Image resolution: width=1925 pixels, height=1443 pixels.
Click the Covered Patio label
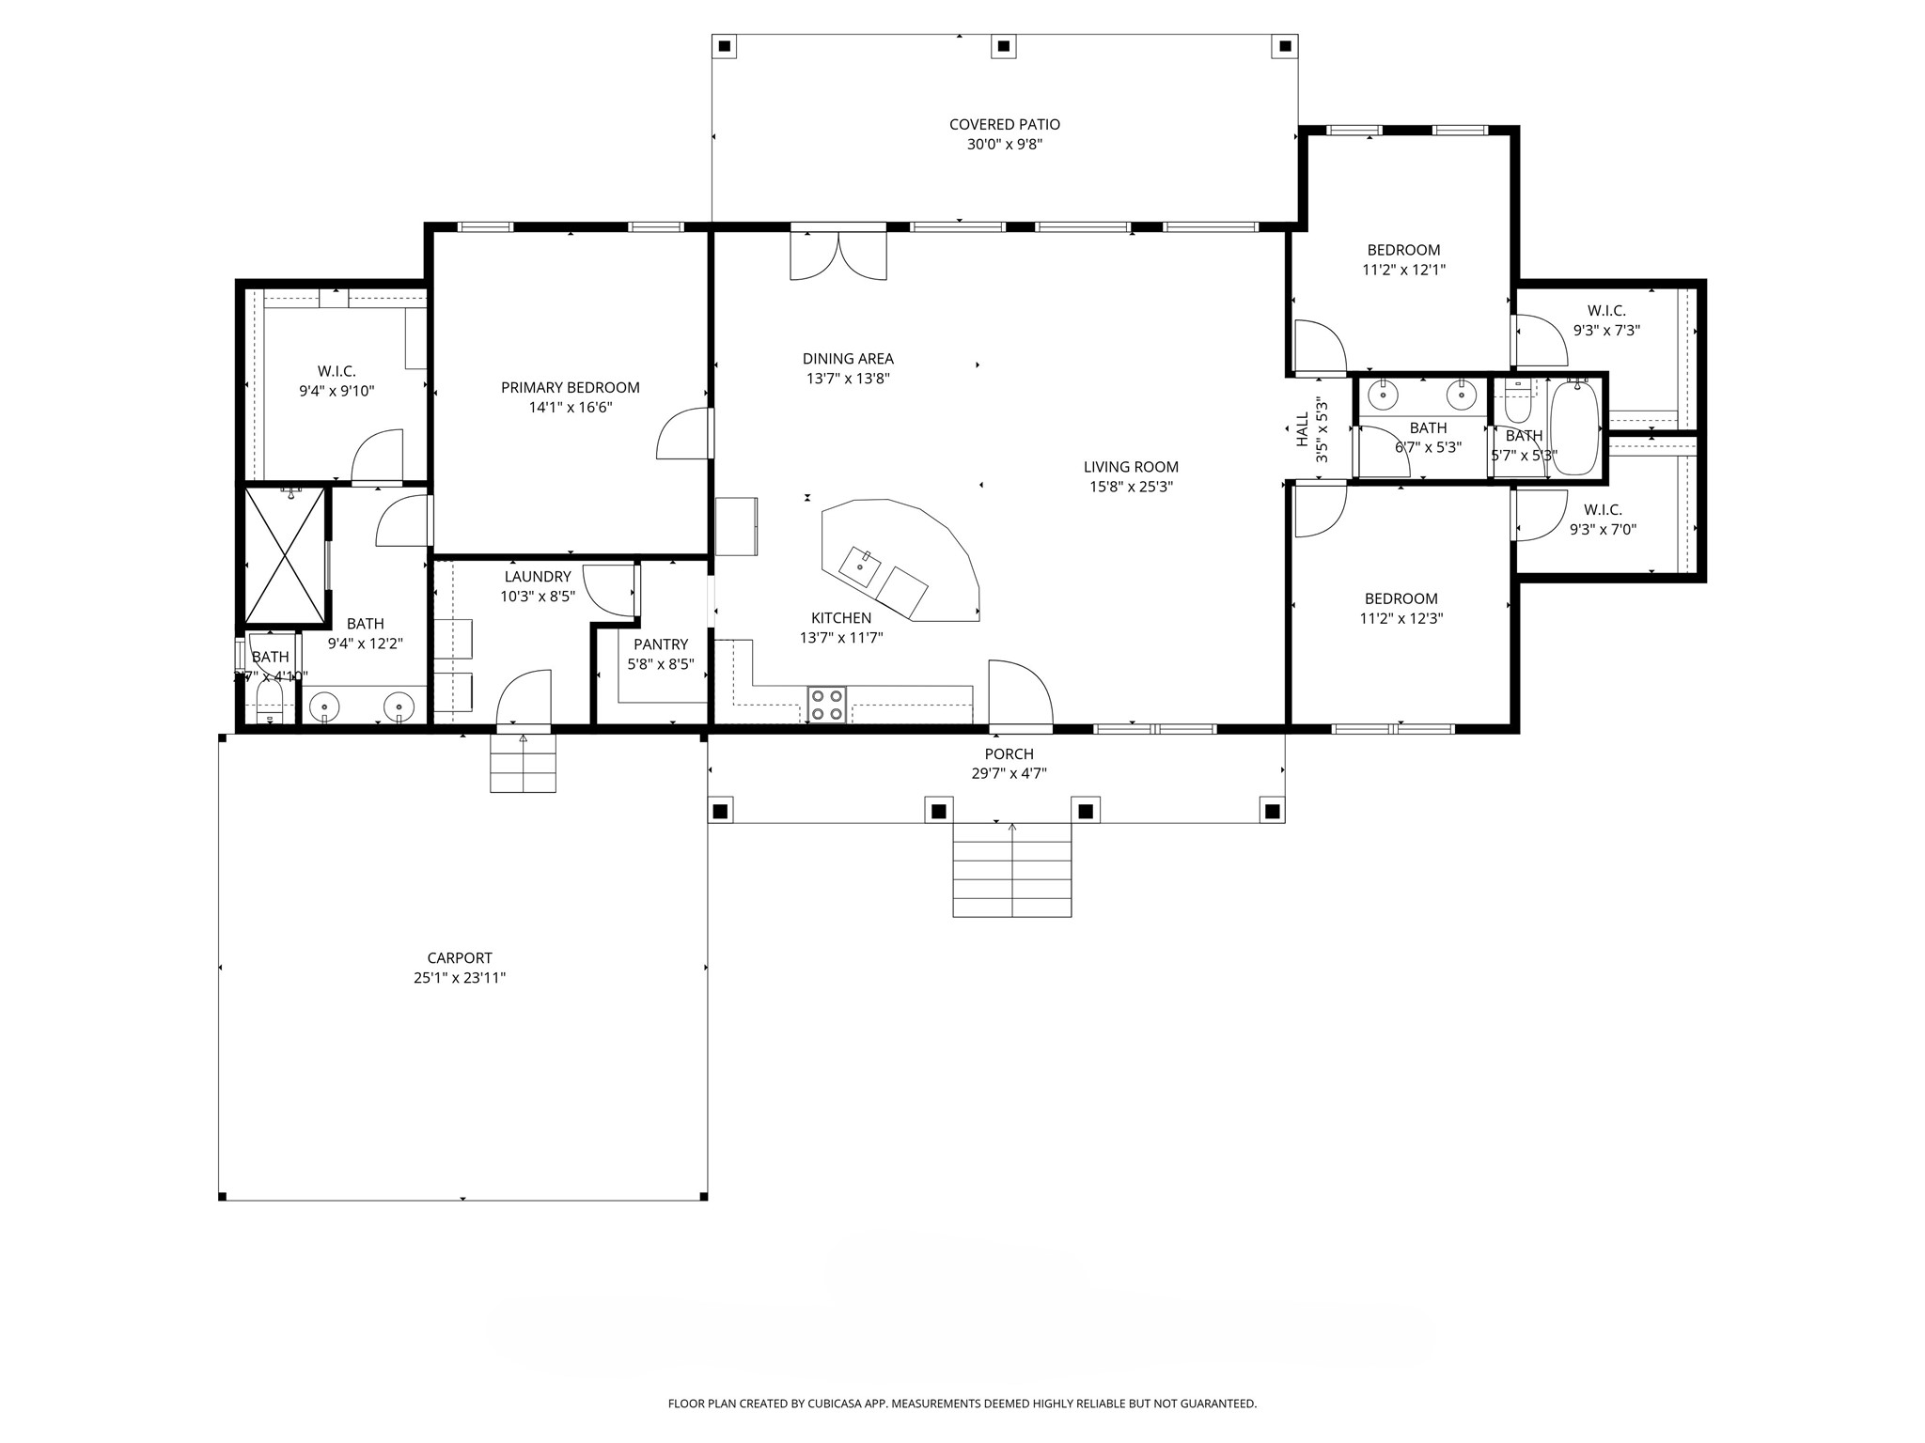point(1004,124)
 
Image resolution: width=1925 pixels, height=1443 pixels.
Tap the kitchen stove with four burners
point(827,705)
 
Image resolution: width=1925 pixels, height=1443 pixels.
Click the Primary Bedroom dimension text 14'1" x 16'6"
point(570,407)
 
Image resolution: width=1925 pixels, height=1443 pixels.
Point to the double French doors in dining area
point(837,254)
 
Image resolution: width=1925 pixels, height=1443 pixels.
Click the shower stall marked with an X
point(284,555)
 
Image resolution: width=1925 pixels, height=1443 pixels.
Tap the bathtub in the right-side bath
point(1573,427)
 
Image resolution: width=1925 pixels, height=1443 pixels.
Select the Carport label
point(460,958)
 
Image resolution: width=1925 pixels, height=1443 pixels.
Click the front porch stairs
point(1011,870)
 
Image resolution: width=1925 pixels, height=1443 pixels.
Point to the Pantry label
point(660,644)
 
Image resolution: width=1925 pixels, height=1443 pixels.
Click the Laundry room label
point(537,577)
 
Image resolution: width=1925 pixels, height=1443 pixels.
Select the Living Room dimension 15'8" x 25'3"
point(1131,487)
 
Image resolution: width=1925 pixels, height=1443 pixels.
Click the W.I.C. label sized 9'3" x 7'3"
point(1606,310)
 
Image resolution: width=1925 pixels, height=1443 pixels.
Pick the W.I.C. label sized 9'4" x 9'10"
point(336,371)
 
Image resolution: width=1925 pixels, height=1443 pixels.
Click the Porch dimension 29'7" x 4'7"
point(1009,774)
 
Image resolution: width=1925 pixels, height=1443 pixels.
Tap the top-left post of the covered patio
point(723,45)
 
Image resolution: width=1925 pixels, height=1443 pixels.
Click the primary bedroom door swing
point(682,434)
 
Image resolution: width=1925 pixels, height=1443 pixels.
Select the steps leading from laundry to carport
point(523,763)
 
